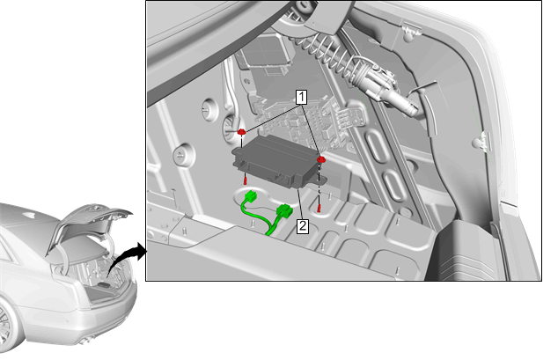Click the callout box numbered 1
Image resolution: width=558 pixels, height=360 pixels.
click(x=301, y=97)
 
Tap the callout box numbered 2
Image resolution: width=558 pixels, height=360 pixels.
click(x=303, y=226)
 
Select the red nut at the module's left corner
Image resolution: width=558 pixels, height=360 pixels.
click(x=242, y=132)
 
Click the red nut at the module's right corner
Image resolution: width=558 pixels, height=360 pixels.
click(x=321, y=159)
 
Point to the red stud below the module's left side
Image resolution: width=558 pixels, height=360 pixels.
click(x=246, y=180)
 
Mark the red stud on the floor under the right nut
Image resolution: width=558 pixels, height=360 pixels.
click(x=319, y=209)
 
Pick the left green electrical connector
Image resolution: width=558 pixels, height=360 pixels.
click(x=252, y=196)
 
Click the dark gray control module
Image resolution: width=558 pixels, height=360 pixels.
click(x=275, y=160)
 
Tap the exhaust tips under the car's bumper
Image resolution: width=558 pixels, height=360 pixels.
click(x=84, y=342)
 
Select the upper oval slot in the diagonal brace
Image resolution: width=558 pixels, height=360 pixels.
click(x=378, y=145)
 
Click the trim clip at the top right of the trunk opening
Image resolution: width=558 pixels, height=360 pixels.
click(x=411, y=32)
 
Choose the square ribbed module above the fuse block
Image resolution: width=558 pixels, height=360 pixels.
click(x=263, y=54)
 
